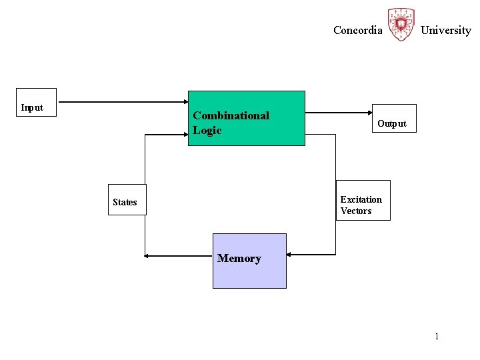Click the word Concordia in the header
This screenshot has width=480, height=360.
tap(358, 30)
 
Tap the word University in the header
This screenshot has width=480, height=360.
tap(445, 30)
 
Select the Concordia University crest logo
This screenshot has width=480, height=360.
tap(401, 25)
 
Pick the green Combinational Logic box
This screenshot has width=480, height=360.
tap(246, 118)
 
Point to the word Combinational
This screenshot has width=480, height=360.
tap(231, 115)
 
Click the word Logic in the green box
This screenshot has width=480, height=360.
tap(207, 130)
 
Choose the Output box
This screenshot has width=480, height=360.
tap(393, 119)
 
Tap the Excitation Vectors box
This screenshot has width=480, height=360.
tap(363, 200)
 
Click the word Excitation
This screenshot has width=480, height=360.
tap(361, 199)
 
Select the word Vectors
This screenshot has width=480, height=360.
tap(356, 211)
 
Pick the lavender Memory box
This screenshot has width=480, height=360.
tap(249, 261)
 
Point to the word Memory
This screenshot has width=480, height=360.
tap(239, 258)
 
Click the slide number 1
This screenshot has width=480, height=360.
tap(437, 336)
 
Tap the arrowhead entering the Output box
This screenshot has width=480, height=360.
tap(369, 113)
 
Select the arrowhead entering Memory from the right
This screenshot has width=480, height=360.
tap(290, 254)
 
